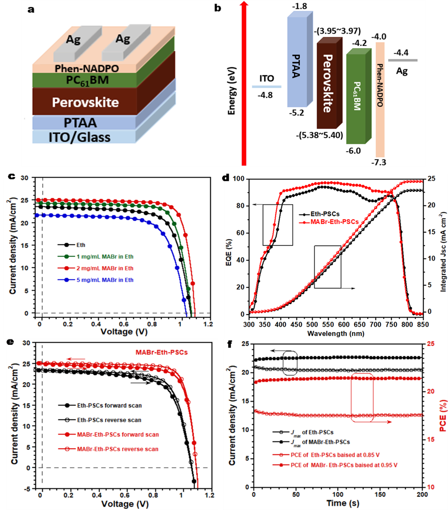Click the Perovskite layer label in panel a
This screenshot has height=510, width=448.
(x=85, y=102)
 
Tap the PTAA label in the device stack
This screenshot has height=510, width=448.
(x=80, y=123)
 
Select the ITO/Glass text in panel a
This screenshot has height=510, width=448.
(x=79, y=137)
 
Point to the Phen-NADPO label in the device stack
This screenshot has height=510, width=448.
(x=87, y=68)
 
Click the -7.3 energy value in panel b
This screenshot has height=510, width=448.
(x=379, y=162)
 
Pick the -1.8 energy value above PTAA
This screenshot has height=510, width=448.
(x=299, y=7)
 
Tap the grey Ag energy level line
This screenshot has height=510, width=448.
(x=403, y=60)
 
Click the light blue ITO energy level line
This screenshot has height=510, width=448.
(x=267, y=87)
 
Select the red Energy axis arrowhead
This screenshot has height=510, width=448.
(x=244, y=4)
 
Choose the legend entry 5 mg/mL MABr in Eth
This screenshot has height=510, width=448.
(x=105, y=280)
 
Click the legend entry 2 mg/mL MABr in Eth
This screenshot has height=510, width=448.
(x=105, y=268)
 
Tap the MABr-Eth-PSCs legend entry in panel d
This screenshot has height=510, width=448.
(x=334, y=222)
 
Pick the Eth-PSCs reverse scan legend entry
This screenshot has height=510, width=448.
(x=109, y=420)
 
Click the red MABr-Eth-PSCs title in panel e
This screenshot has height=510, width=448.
(x=162, y=352)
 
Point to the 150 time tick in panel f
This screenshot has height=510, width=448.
(x=380, y=495)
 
